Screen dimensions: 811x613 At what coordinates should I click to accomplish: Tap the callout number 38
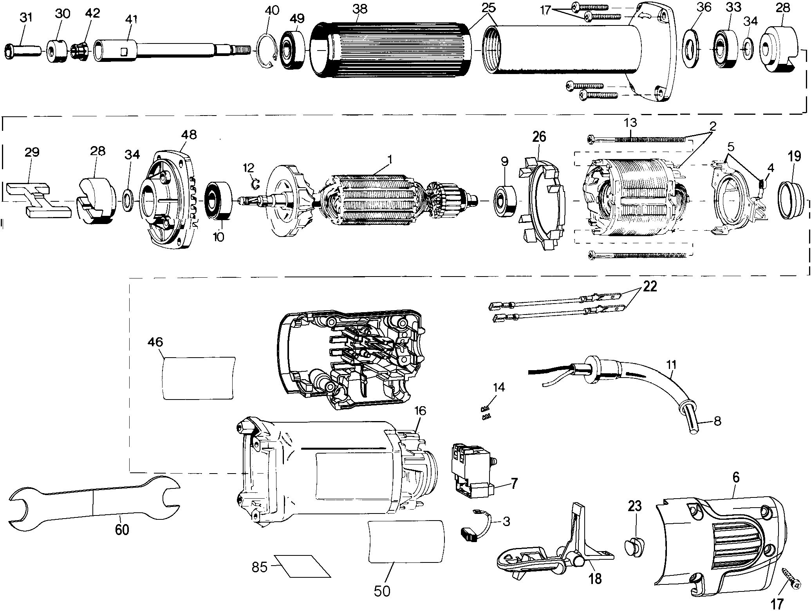(359, 8)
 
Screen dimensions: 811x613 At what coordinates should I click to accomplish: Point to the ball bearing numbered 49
(293, 51)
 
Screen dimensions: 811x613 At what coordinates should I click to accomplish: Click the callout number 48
(189, 136)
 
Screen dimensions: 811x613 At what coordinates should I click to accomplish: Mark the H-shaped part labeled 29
(38, 200)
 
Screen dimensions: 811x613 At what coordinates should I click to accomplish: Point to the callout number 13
(630, 123)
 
